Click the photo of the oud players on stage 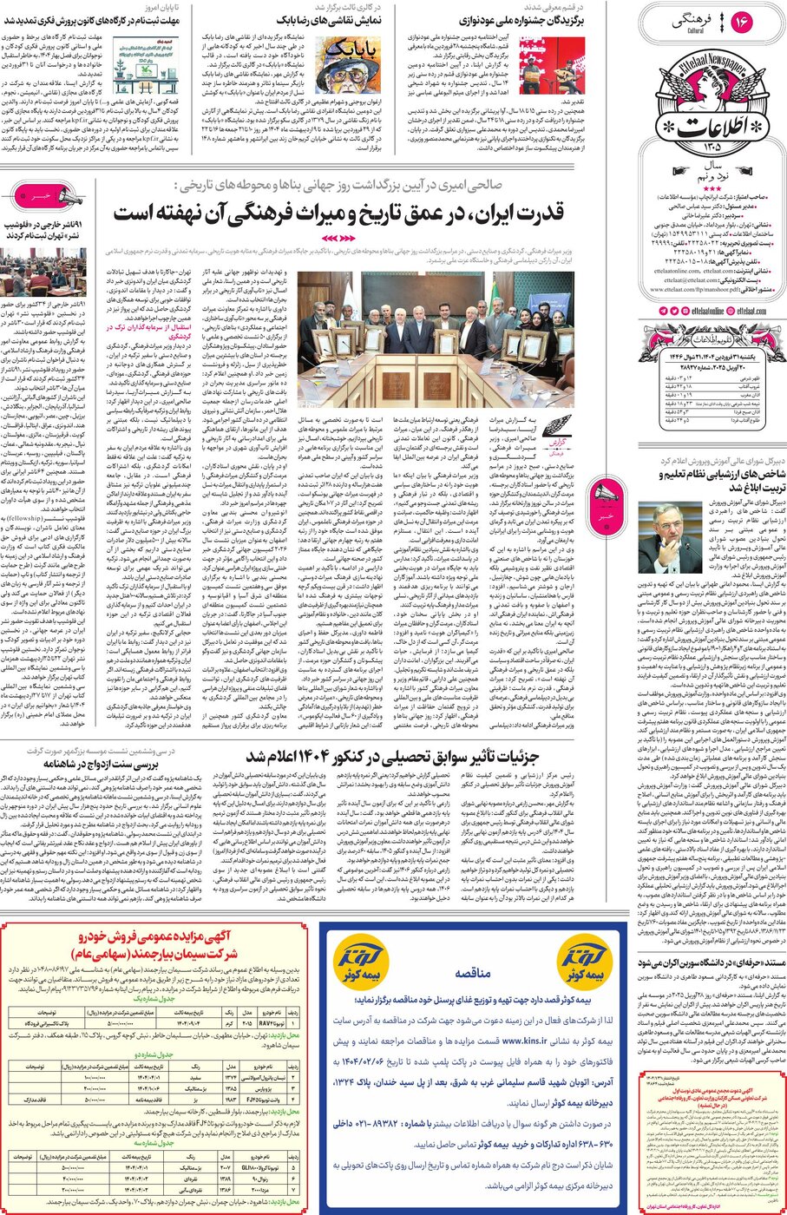point(552,66)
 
